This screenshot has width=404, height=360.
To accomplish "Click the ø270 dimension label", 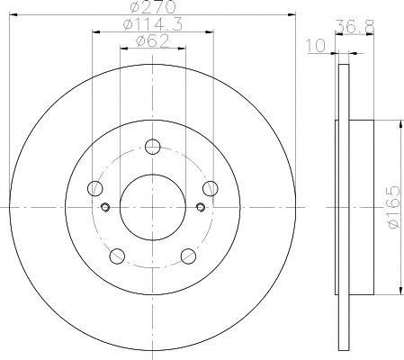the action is click(153, 7).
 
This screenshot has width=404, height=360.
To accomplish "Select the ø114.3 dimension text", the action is click(153, 24).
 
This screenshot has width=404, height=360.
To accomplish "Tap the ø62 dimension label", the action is click(153, 41).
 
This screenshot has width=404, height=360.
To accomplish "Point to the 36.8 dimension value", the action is click(355, 27).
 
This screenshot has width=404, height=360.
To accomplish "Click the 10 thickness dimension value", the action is click(315, 46).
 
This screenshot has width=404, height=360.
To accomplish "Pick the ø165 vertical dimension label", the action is click(394, 207).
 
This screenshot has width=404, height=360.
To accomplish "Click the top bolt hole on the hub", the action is click(153, 147).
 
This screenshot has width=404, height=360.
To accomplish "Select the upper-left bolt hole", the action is click(95, 188).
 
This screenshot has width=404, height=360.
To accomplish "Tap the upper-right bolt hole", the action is click(211, 188).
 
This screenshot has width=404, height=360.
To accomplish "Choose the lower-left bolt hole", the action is click(117, 256).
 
